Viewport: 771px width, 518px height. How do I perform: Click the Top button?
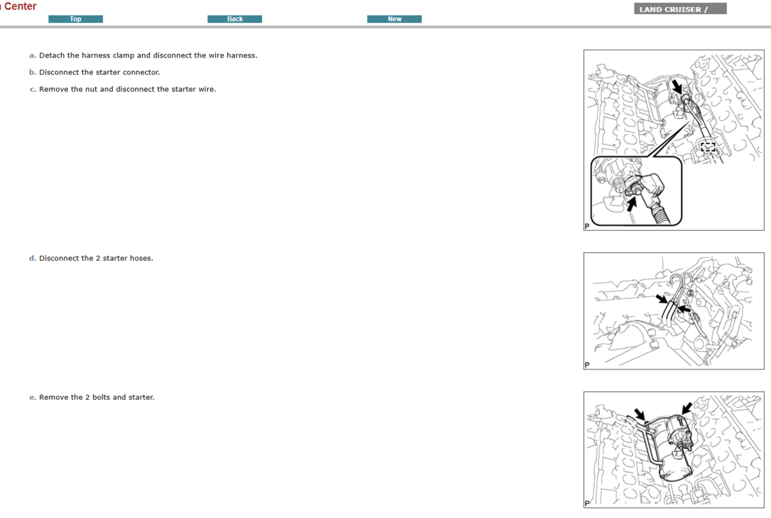coord(76,19)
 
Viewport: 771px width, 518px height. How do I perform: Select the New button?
coord(395,19)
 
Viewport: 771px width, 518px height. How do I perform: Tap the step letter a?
coord(32,55)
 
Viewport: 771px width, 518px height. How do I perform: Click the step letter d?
coord(32,258)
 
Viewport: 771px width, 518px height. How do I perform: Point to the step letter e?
coord(32,397)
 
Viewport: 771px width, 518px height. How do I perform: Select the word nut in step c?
coord(77,89)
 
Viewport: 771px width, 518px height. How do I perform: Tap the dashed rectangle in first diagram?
coord(708,146)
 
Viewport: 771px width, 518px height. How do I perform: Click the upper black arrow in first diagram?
coord(676,86)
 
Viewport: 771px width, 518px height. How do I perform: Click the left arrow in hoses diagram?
coord(662,299)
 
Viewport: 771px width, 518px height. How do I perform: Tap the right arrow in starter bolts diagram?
coord(687,407)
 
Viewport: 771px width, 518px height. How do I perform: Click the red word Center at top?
coord(20,6)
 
